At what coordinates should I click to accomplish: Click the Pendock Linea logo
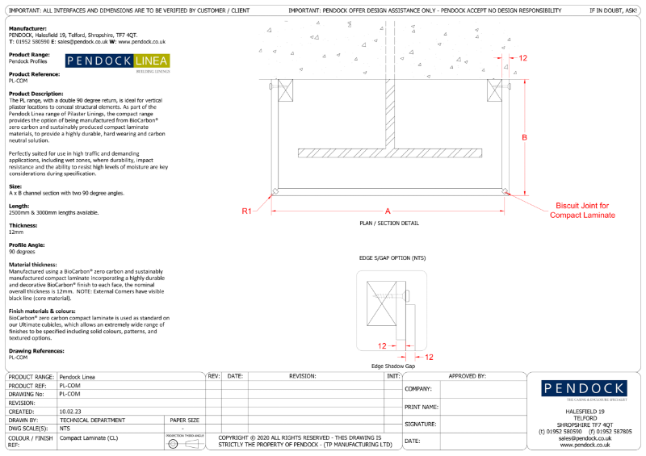coord(117,63)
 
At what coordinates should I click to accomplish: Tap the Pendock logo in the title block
coord(585,389)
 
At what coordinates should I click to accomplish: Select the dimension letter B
coord(524,137)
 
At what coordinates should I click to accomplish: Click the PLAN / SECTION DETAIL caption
coord(388,222)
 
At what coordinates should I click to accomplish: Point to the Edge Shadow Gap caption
coord(393,366)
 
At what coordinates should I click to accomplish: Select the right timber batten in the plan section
coord(494,90)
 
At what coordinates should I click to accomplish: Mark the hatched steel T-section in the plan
coord(388,154)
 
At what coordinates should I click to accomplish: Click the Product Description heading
coord(36,94)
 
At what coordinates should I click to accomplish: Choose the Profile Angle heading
coord(27,245)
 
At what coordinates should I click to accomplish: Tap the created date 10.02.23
coord(70,411)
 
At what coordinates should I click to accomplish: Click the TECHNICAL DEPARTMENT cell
coord(92,420)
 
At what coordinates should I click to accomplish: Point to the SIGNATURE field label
coord(420,424)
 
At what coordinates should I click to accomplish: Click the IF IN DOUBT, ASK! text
coord(615,9)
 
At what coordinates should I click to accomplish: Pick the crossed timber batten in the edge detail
coord(382,310)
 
